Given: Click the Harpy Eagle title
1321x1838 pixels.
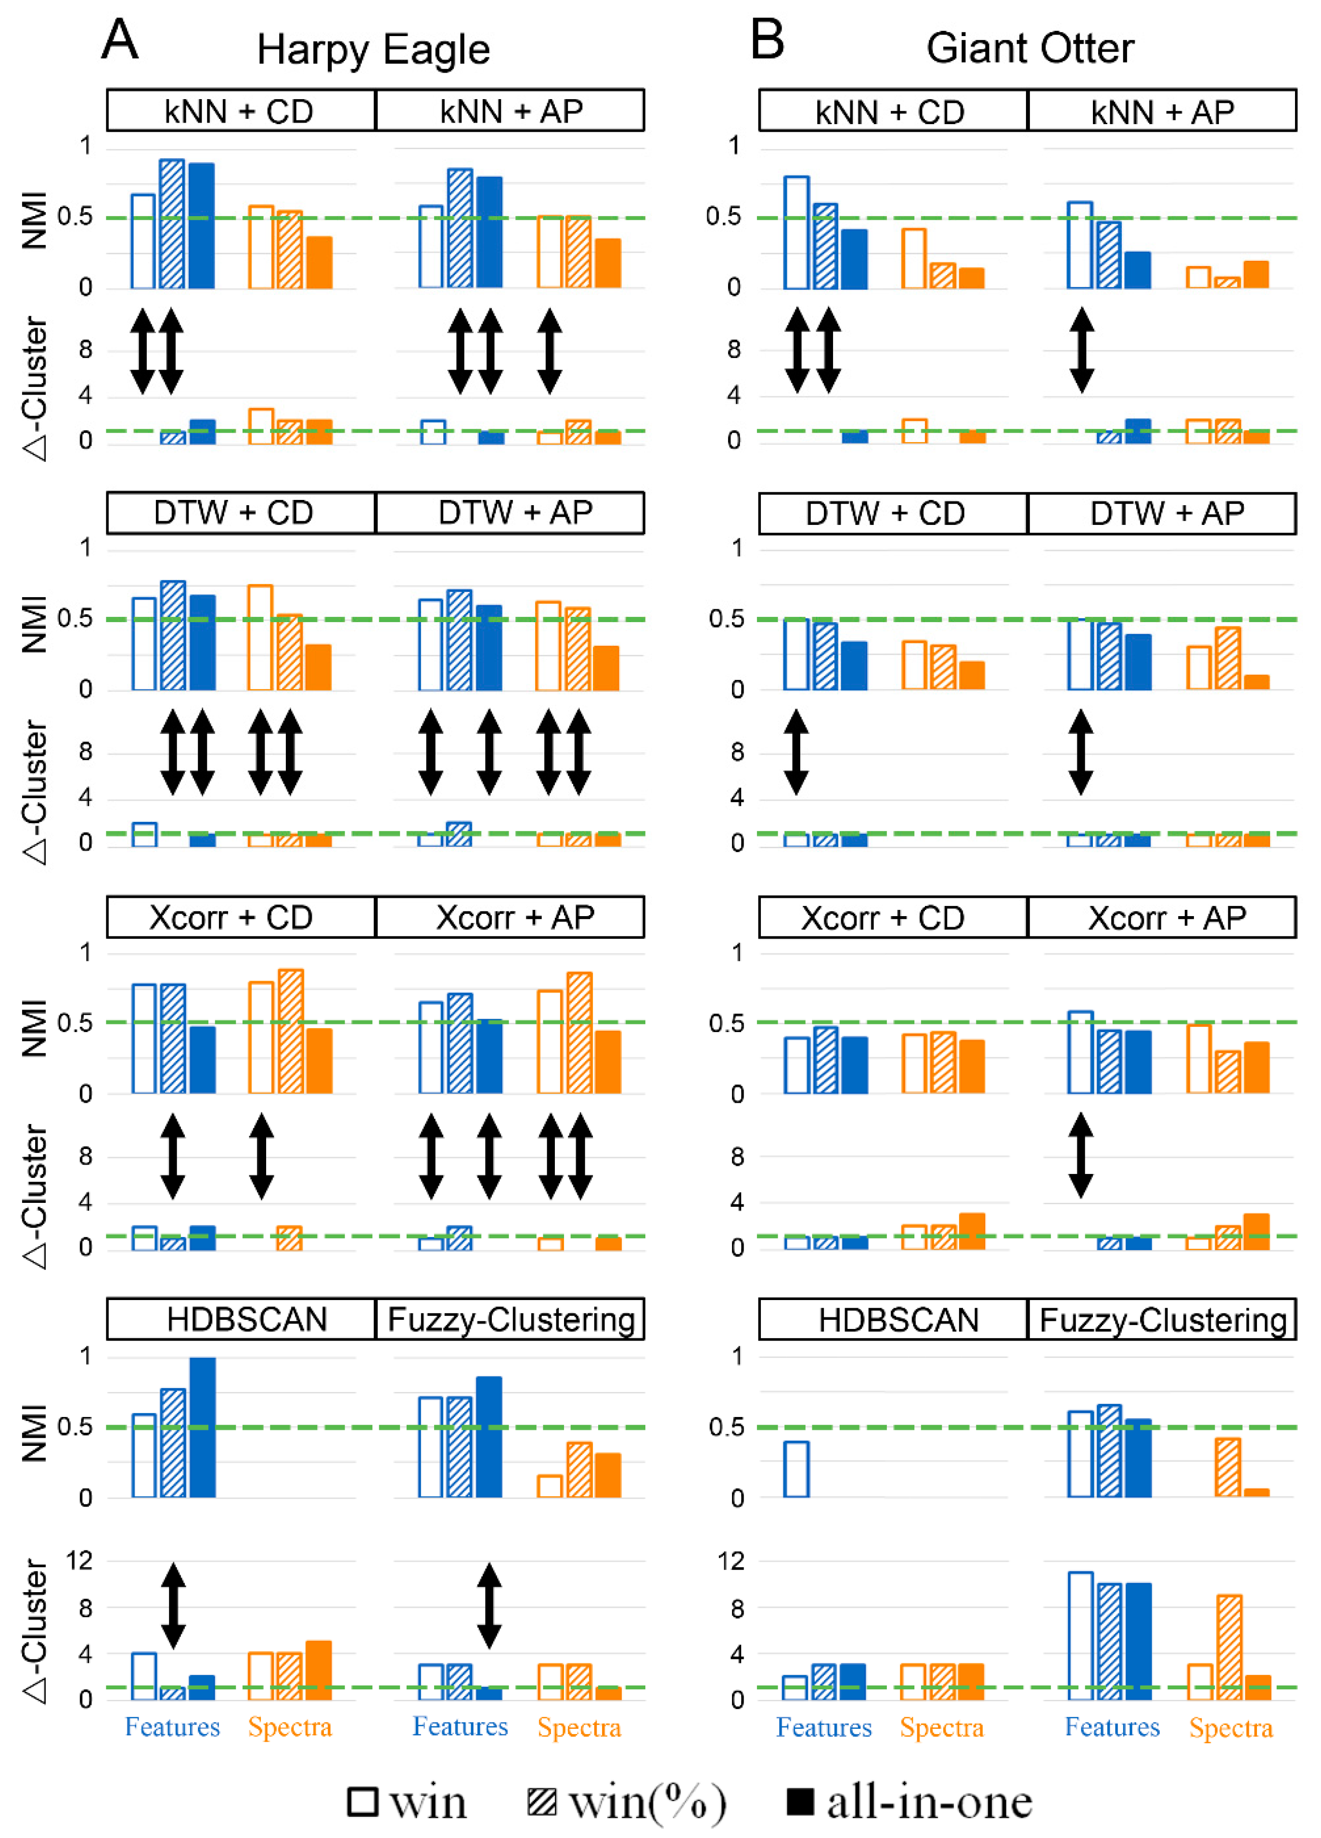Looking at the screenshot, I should point(373,50).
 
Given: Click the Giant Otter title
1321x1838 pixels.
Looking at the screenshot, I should point(1029,49).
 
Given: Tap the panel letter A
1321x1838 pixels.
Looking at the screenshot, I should point(120,39).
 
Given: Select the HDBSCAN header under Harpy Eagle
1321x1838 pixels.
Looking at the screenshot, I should point(246,1319).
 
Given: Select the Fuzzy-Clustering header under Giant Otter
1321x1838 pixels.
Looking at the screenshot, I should point(1162,1319).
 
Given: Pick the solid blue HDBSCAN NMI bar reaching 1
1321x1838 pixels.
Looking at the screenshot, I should point(202,1428).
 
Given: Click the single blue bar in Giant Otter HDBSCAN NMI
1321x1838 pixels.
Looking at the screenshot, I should point(796,1469).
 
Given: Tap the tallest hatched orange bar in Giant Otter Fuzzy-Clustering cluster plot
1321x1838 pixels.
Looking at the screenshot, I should point(1229,1647).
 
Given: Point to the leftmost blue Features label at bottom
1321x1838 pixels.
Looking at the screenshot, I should point(172,1727).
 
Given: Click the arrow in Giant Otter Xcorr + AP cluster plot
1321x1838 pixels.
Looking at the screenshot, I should point(1080,1155).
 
